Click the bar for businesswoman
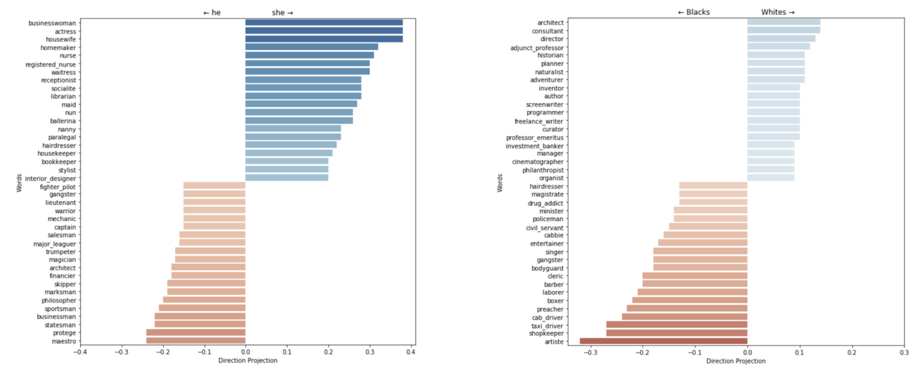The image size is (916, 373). click(x=324, y=23)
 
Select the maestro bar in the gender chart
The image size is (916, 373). click(x=196, y=341)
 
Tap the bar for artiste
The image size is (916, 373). click(x=663, y=341)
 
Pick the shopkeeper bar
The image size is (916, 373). click(x=676, y=333)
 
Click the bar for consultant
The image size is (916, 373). click(x=783, y=30)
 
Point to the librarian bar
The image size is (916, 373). click(x=303, y=96)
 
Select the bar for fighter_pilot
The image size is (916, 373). click(x=214, y=186)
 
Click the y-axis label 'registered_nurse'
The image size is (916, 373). click(x=51, y=64)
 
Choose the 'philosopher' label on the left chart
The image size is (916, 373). click(x=58, y=300)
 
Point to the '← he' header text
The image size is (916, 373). click(x=212, y=13)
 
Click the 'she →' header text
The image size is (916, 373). click(x=282, y=13)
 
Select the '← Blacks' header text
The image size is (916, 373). click(x=694, y=12)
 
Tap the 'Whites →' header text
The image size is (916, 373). click(x=778, y=12)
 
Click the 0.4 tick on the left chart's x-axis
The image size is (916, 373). click(x=410, y=352)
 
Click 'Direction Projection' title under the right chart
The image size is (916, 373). click(x=735, y=361)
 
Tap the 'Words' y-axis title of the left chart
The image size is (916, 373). click(x=19, y=182)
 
